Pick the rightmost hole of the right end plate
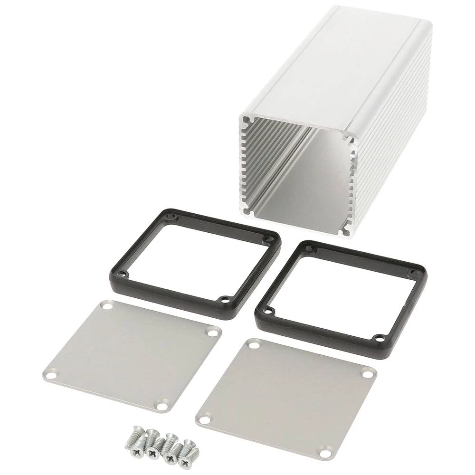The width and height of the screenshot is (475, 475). (368, 374)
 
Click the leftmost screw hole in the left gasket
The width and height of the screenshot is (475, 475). (123, 274)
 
